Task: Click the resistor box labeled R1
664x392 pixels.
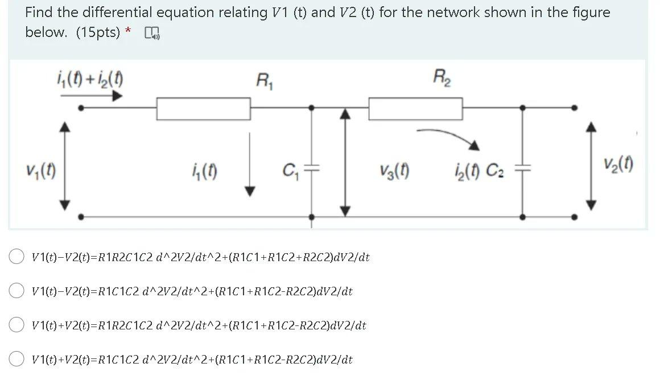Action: coord(204,109)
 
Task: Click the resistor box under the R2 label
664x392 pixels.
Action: coord(415,109)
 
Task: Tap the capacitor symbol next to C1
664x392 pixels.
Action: coord(312,168)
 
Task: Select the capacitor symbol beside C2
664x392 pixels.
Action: coord(523,168)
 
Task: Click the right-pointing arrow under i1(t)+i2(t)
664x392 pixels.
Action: coord(91,95)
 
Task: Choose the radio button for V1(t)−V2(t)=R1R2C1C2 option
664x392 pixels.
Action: coord(17,257)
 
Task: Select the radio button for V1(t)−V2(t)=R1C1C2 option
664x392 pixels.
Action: coord(17,291)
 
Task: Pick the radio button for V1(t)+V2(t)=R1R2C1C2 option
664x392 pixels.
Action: coord(17,325)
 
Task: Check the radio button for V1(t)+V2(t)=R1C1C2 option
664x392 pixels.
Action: coord(17,360)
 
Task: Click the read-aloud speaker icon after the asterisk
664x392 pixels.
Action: coord(152,34)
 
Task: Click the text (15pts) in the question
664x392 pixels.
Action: coord(98,32)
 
